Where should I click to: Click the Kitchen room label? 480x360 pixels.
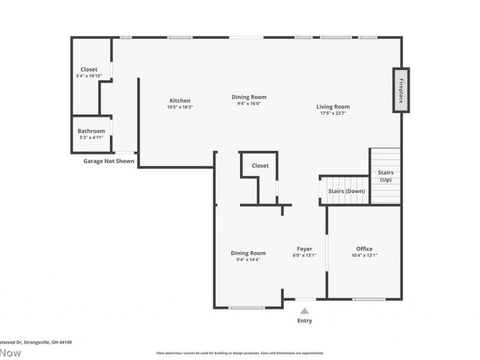180,101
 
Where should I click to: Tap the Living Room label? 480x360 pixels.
333,107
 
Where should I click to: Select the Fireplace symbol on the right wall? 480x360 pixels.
401,90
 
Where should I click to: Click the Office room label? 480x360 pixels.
364,249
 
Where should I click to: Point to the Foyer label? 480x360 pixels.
305,249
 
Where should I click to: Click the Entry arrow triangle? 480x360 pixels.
305,311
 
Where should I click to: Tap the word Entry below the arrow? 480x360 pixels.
305,321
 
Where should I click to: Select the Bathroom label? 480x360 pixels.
91,131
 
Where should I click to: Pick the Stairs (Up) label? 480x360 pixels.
385,176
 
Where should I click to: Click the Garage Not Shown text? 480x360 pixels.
109,161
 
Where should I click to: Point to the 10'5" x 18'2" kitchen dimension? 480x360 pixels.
180,107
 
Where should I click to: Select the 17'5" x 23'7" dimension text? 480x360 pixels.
333,113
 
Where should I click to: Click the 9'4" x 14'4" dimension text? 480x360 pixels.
248,260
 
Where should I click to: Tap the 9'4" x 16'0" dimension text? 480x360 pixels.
249,104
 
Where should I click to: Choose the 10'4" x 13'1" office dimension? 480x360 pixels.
364,256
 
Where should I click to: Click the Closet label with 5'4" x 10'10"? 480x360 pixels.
89,70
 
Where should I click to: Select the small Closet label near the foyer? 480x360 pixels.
260,166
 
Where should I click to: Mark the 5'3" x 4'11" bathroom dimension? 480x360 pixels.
91,137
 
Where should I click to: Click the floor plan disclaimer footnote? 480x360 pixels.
240,353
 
